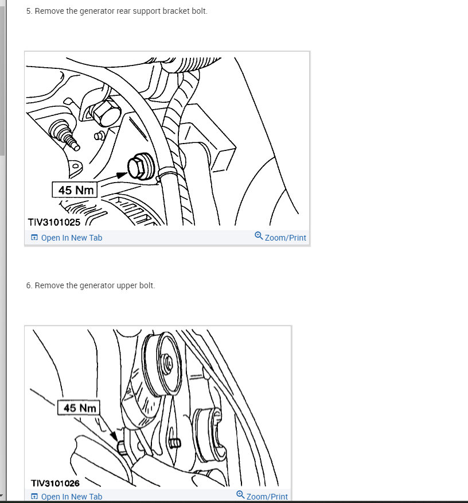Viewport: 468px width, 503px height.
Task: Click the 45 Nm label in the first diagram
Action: click(x=75, y=189)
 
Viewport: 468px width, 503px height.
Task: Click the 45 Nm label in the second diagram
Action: click(x=79, y=408)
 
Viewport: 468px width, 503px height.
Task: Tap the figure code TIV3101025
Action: click(x=54, y=222)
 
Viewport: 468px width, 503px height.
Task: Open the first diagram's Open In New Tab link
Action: click(x=71, y=238)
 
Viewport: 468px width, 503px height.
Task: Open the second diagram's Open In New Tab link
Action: click(x=71, y=497)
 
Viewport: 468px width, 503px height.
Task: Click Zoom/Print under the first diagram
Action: click(x=285, y=238)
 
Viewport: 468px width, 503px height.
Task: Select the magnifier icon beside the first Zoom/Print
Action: click(x=259, y=236)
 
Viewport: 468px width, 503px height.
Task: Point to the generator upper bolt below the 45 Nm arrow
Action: click(x=121, y=447)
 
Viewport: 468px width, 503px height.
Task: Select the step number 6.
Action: click(x=29, y=285)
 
